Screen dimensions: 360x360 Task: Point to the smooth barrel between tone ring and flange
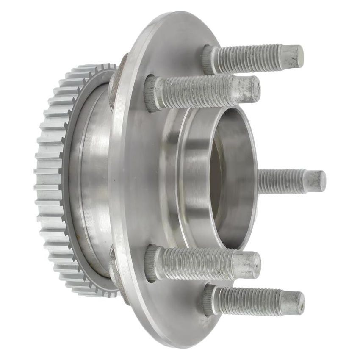(x=91, y=178)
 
